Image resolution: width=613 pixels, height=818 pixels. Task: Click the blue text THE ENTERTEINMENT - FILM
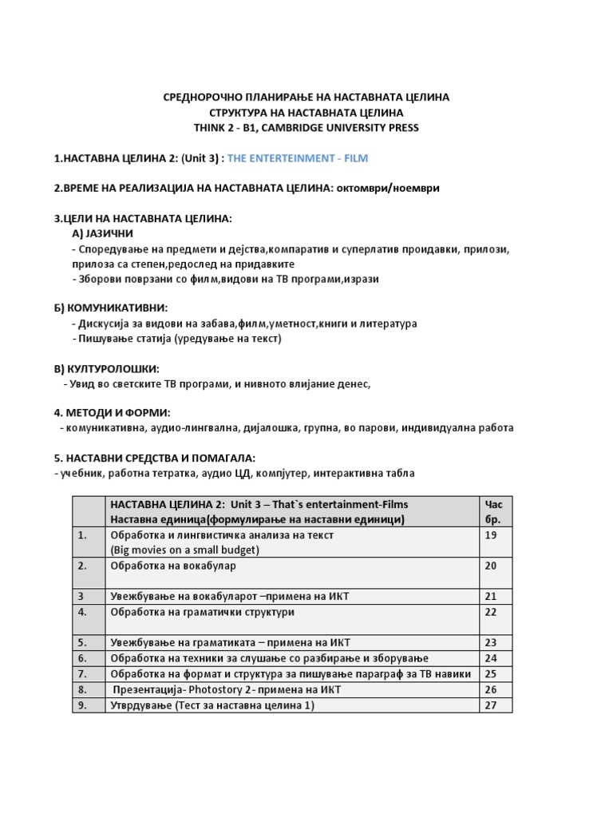tap(298, 158)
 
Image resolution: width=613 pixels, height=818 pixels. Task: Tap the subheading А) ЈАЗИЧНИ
tap(103, 233)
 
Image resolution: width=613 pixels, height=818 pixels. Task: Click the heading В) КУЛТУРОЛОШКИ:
tap(106, 368)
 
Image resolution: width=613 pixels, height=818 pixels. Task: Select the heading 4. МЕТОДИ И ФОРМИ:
tap(112, 413)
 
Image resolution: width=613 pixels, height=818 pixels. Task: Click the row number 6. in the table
tap(82, 658)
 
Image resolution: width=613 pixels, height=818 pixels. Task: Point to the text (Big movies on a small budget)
tap(185, 550)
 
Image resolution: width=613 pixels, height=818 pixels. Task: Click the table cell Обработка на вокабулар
tap(173, 566)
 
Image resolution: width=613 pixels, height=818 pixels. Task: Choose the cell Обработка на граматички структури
tap(203, 612)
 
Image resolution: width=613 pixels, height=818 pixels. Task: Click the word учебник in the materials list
tap(83, 473)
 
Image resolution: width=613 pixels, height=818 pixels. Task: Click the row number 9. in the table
tap(82, 705)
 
